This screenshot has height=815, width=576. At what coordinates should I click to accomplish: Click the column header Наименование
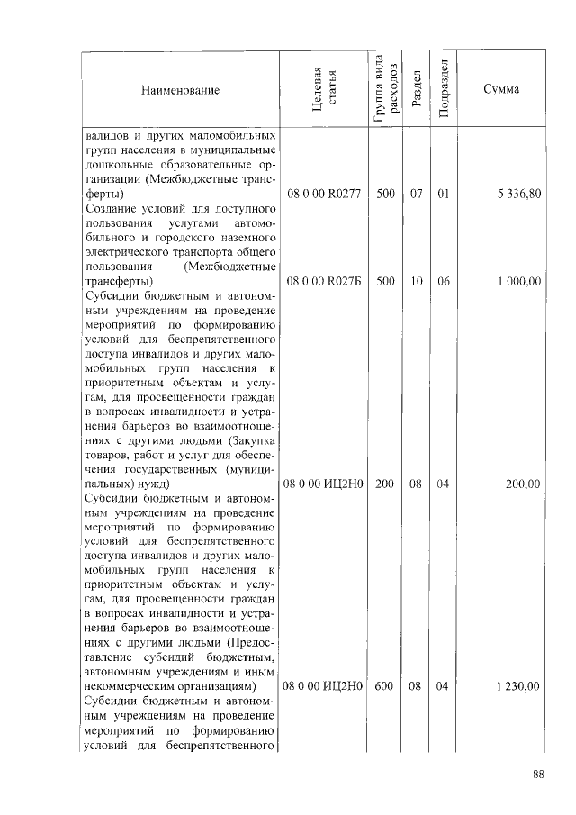pyautogui.click(x=180, y=91)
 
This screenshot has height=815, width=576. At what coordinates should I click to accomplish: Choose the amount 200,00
pyautogui.click(x=523, y=484)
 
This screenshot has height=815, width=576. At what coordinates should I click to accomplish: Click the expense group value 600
pyautogui.click(x=385, y=686)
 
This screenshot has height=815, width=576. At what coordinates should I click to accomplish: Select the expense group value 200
pyautogui.click(x=385, y=484)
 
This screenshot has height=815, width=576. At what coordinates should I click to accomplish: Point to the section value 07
pyautogui.click(x=416, y=195)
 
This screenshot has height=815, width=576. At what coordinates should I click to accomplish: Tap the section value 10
pyautogui.click(x=416, y=282)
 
